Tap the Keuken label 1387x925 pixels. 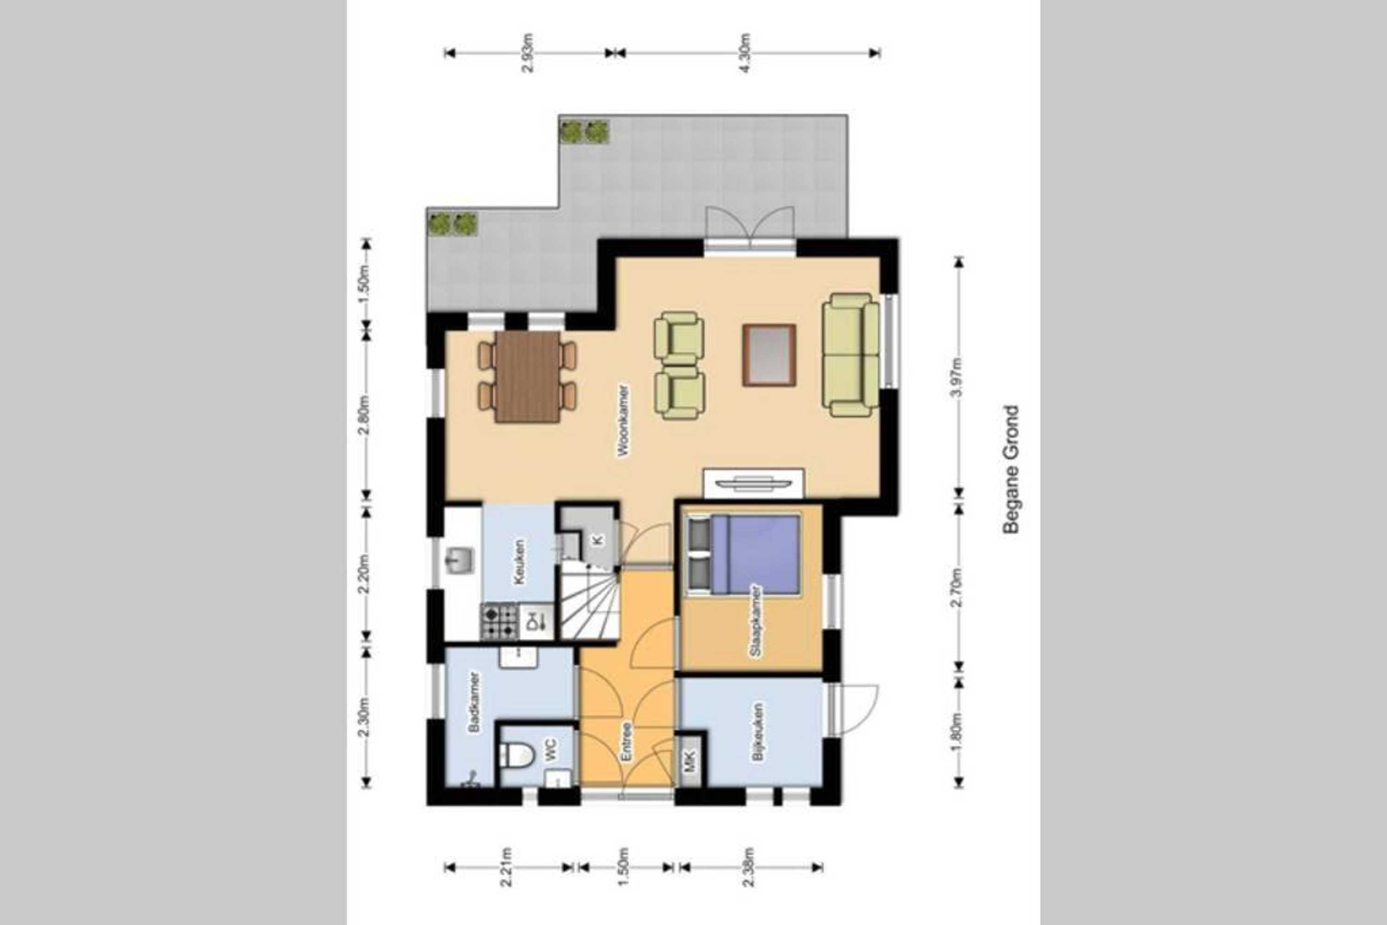pyautogui.click(x=519, y=562)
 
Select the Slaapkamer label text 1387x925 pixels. pyautogui.click(x=755, y=621)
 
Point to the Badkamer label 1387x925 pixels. pyautogui.click(x=473, y=702)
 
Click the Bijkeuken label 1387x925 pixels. pyautogui.click(x=758, y=732)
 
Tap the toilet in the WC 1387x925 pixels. pyautogui.click(x=516, y=754)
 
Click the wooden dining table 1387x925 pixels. pyautogui.click(x=527, y=376)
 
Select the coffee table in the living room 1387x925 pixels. pyautogui.click(x=769, y=355)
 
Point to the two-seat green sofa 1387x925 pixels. pyautogui.click(x=850, y=355)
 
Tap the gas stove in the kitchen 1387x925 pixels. pyautogui.click(x=499, y=621)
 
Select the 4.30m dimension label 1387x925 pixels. pyautogui.click(x=745, y=53)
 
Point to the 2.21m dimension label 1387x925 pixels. pyautogui.click(x=506, y=883)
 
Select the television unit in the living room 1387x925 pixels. pyautogui.click(x=753, y=482)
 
